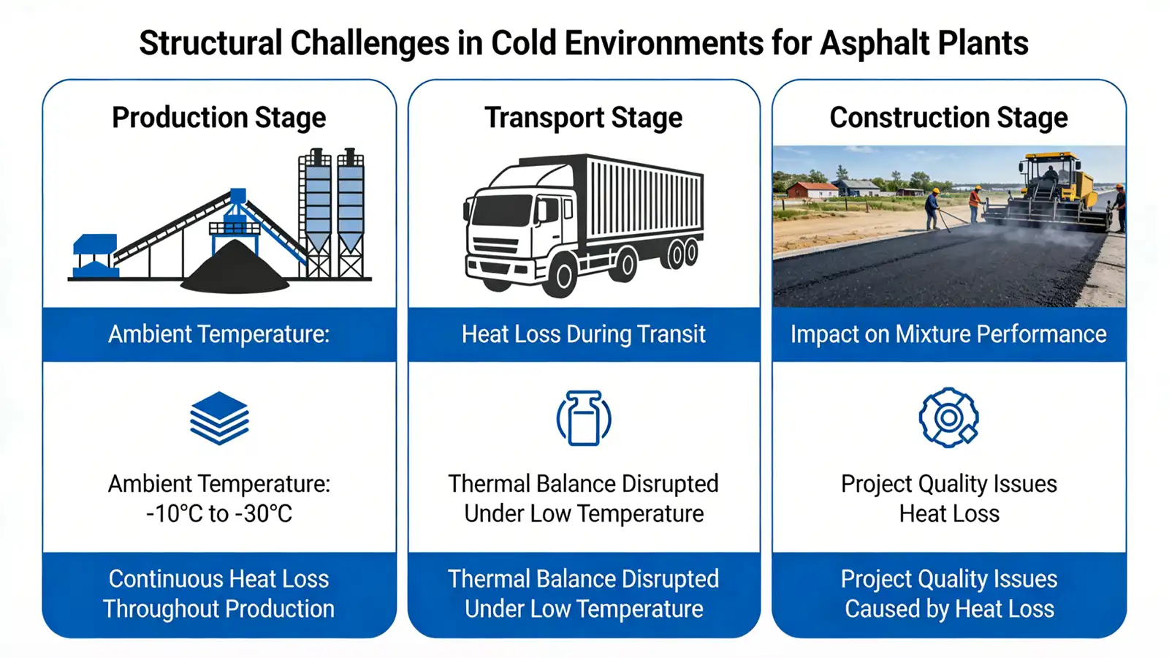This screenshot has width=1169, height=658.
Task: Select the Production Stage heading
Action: click(219, 118)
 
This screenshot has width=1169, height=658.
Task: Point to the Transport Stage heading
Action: click(584, 118)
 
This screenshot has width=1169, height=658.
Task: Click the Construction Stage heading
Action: click(948, 118)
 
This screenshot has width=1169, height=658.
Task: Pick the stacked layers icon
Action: click(219, 418)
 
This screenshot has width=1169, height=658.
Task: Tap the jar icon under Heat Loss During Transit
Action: click(584, 418)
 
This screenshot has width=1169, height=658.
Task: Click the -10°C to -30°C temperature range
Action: click(219, 514)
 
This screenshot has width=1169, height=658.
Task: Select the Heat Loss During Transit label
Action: click(584, 334)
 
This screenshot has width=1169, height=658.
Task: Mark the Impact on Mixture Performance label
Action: click(948, 334)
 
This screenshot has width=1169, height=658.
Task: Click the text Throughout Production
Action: click(219, 609)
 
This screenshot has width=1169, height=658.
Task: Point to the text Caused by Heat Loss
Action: click(949, 609)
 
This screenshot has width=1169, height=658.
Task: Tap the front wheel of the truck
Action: click(563, 276)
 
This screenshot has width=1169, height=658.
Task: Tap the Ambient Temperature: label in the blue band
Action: click(219, 334)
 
